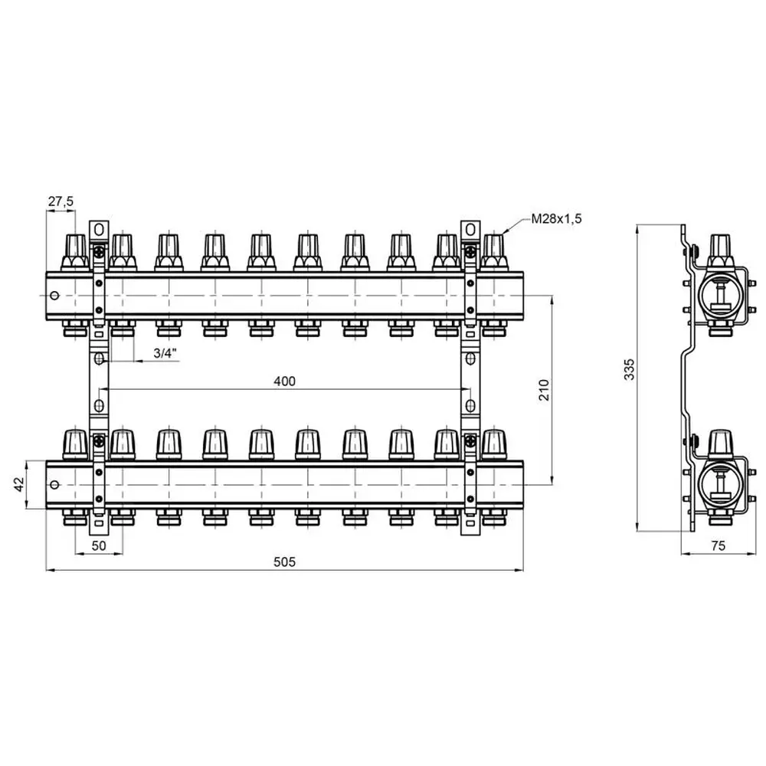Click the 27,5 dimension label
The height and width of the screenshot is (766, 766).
point(61,201)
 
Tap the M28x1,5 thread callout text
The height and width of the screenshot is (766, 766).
point(556,218)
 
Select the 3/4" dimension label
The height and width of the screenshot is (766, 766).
point(165,352)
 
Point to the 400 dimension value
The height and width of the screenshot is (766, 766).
point(285,381)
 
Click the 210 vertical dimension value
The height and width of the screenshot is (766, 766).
point(544,390)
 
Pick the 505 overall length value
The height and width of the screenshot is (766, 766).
point(284,561)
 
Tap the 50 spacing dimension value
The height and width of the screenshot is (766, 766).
point(99,545)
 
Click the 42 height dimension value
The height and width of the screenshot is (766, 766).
point(18,485)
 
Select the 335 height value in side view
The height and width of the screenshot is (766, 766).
point(630,369)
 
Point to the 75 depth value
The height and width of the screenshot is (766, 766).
point(719,545)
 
